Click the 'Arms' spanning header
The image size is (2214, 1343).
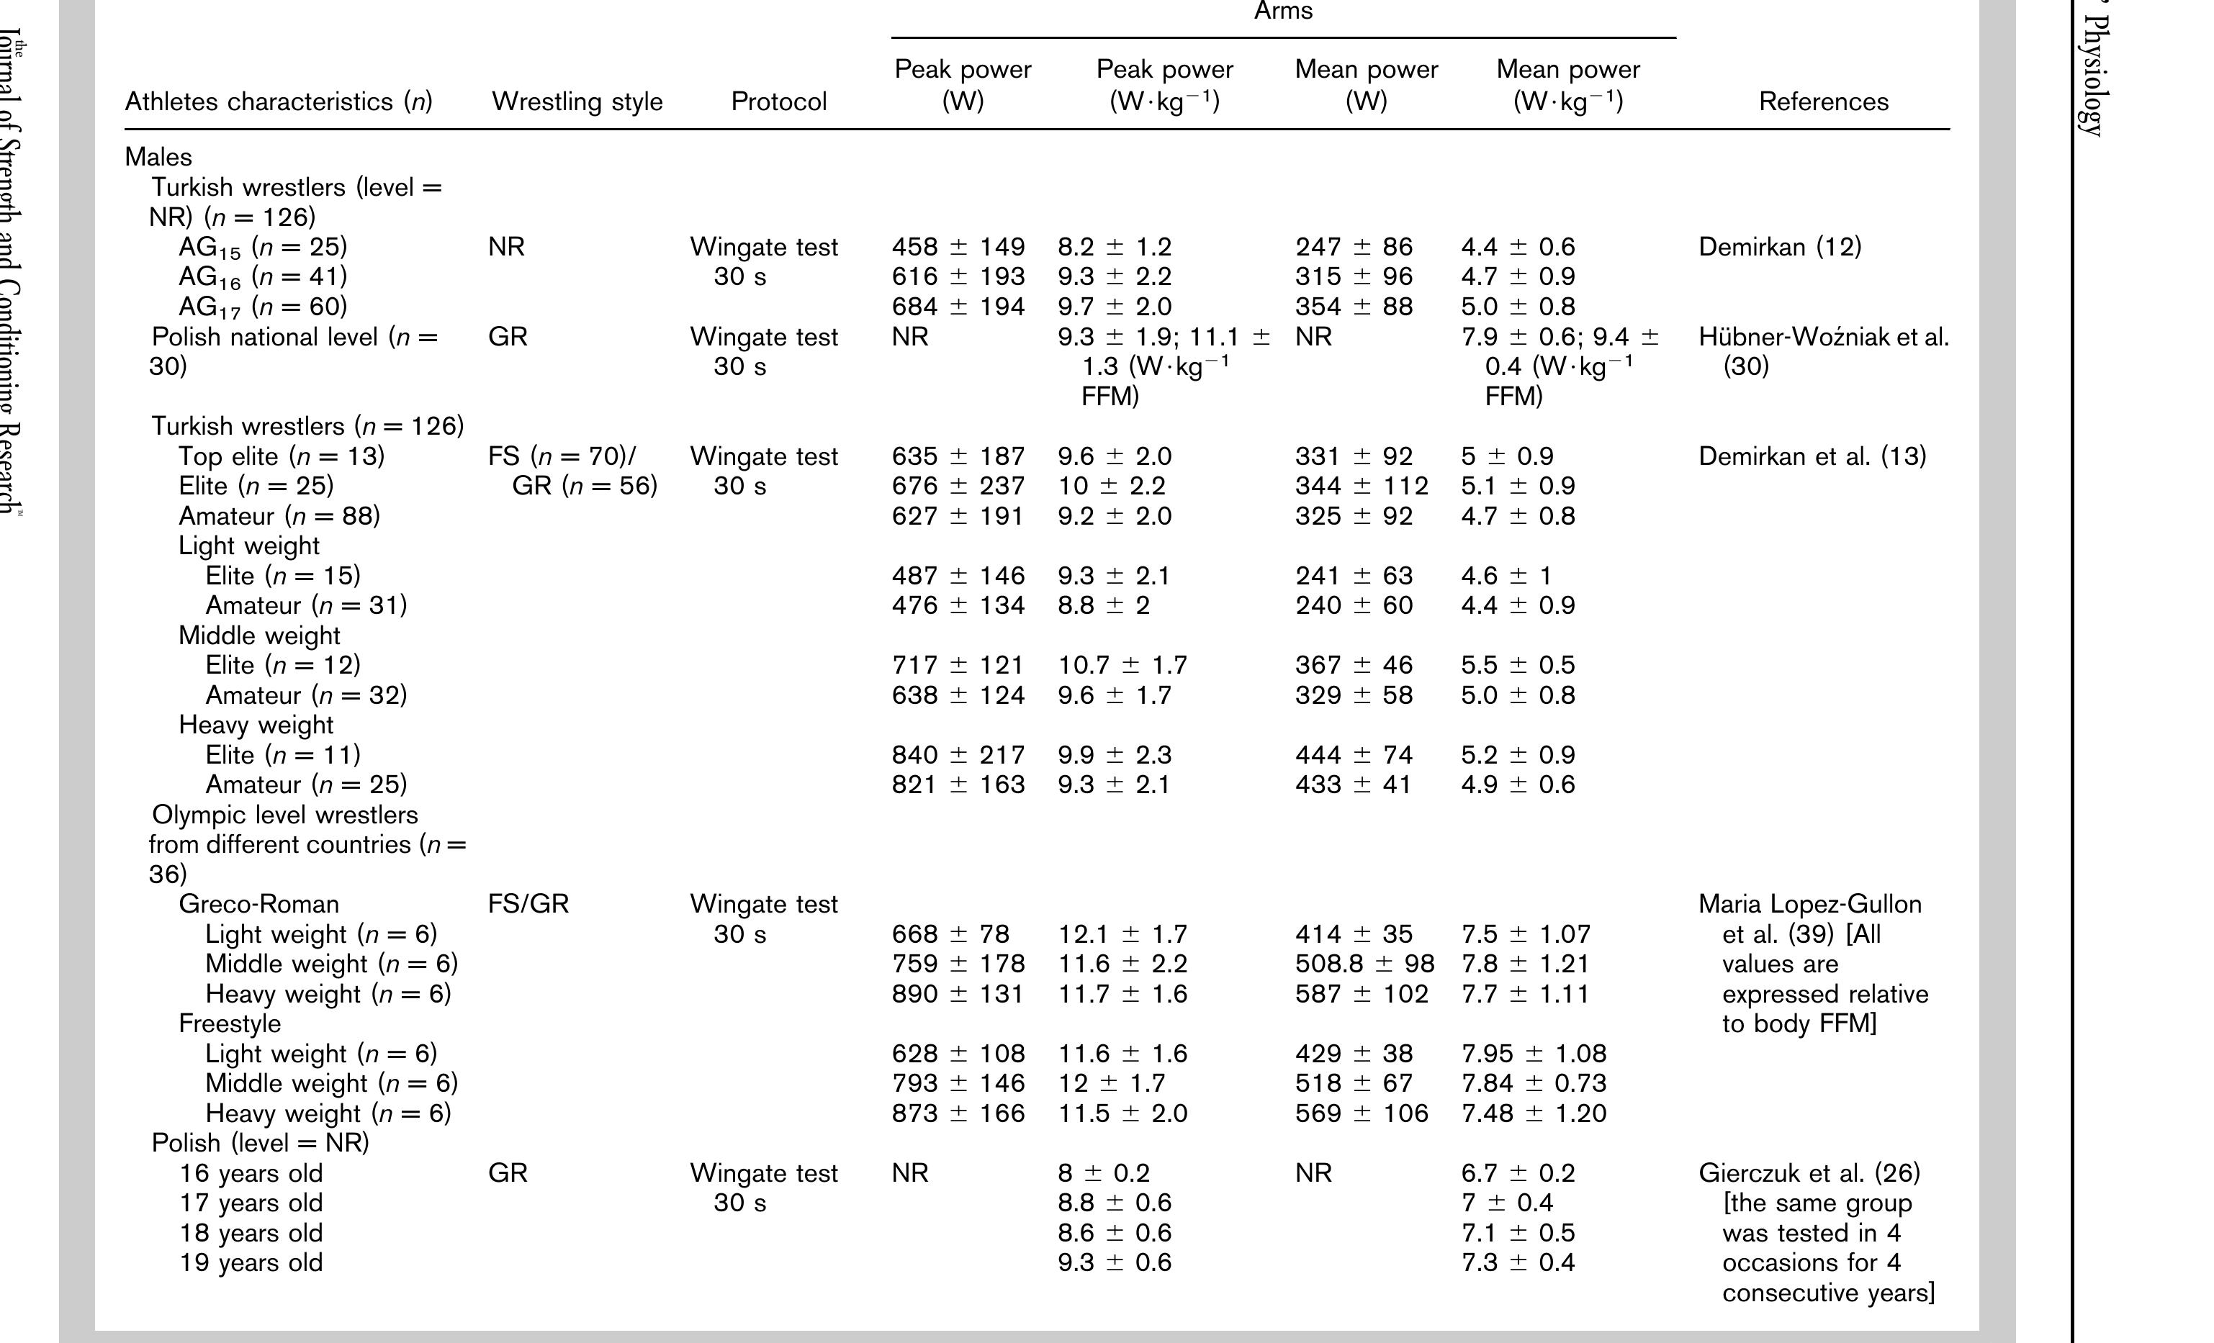coord(1283,11)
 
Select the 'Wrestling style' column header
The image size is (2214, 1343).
coord(577,101)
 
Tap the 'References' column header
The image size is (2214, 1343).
coord(1823,101)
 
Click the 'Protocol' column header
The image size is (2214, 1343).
coord(778,101)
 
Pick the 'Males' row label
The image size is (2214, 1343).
coord(158,157)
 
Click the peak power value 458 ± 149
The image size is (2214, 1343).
coord(958,247)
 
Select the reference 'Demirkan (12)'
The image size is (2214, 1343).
coord(1779,247)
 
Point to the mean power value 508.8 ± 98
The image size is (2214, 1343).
coord(1364,964)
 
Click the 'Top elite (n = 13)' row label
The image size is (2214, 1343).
coord(282,456)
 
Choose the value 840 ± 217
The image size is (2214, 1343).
coord(958,754)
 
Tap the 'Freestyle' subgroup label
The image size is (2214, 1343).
coord(229,1023)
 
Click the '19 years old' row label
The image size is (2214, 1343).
coord(251,1262)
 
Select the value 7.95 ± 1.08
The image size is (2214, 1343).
coord(1533,1053)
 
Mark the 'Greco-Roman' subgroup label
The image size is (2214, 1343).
coord(258,904)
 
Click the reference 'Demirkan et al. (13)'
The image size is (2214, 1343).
coord(1812,456)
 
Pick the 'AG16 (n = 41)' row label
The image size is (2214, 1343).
coord(262,276)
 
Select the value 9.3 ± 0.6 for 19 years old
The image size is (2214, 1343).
coord(1114,1262)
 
